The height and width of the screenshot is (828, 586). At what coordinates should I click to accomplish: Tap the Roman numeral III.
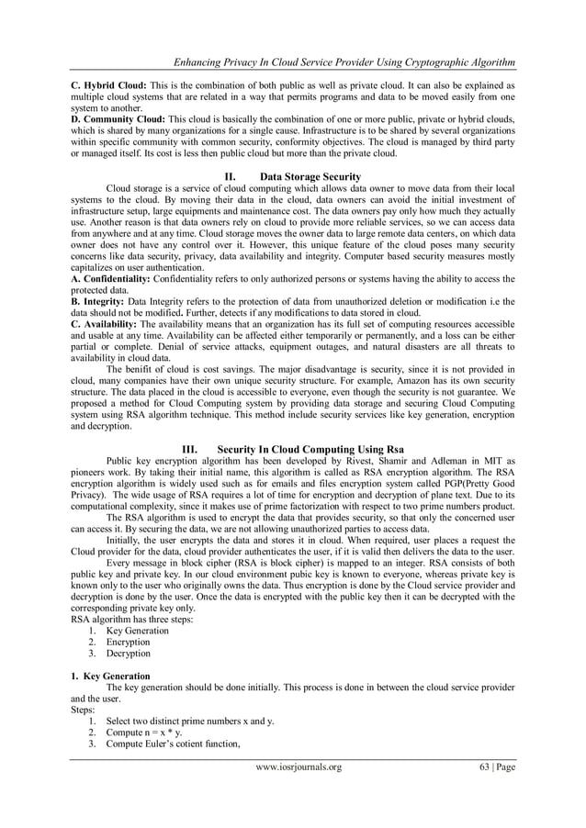[x=191, y=448]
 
